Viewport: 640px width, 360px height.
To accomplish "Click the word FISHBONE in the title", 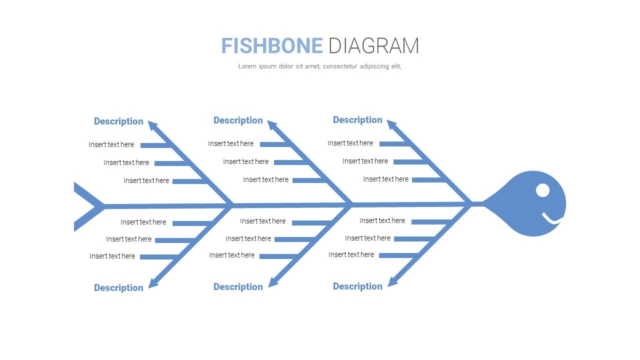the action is pos(272,45).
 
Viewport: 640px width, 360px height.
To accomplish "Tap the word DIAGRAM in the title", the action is pos(374,45).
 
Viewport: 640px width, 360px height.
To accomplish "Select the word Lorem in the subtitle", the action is pos(247,66).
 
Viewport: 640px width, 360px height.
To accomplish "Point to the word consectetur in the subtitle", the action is pos(340,66).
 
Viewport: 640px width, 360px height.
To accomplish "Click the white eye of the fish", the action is pos(542,190).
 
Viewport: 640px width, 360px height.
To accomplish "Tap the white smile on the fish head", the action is pos(552,218).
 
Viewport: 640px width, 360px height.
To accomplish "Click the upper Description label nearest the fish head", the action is pos(357,120).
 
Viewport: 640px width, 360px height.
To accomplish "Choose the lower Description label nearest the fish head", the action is pos(357,286).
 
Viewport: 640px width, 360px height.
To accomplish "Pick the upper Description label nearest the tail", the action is pos(118,121).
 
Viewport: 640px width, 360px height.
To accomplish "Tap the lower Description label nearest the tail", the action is pos(118,288).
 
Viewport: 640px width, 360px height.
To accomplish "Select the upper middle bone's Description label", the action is pos(238,120).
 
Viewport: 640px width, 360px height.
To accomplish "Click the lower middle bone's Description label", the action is pos(238,287).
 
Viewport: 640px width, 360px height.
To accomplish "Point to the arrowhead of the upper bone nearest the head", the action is pos(391,125).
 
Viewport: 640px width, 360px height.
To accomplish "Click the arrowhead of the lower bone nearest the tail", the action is pos(153,282).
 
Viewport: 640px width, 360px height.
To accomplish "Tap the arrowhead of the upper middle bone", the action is pos(272,125).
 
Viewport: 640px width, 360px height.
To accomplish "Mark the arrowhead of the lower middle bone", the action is pos(273,281).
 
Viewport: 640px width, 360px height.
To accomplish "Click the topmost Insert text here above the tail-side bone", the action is pos(111,145).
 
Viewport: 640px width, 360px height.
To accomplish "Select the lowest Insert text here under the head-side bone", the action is pos(351,255).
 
